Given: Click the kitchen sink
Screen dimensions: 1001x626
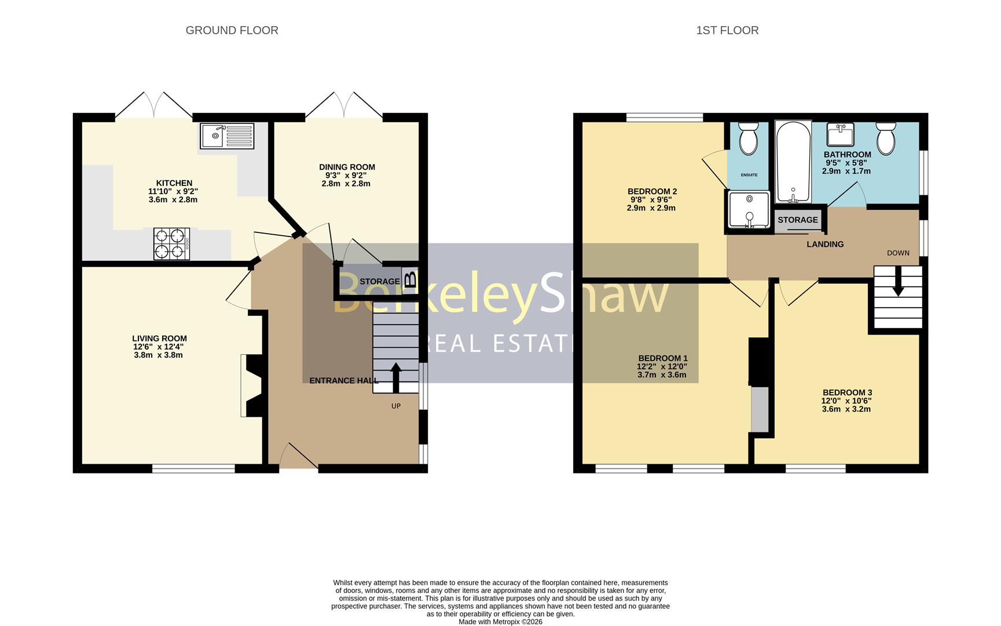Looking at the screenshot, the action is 227,136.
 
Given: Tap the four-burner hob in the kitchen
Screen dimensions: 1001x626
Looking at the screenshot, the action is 171,243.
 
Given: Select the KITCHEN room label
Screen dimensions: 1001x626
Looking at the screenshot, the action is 174,183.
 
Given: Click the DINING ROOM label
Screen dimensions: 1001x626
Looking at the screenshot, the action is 347,167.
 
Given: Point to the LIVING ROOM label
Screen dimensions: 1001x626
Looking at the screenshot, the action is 159,339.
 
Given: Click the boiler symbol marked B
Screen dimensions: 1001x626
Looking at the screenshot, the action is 410,281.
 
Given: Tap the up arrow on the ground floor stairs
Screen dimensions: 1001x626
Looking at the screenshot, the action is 396,378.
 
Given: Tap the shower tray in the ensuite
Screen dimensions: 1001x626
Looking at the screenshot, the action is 750,209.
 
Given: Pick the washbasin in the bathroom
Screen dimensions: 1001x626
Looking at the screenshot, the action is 839,134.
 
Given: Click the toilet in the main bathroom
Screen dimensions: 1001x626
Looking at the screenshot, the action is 886,139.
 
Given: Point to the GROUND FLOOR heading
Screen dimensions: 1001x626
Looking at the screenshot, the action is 232,30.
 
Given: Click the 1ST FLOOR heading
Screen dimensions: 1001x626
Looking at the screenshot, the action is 727,30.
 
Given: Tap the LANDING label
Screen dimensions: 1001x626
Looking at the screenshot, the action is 825,244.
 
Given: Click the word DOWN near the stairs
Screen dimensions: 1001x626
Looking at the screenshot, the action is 898,253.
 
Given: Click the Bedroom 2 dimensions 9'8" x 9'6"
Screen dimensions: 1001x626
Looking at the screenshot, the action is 651,199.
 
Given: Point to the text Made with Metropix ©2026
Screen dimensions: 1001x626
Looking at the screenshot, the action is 500,621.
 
